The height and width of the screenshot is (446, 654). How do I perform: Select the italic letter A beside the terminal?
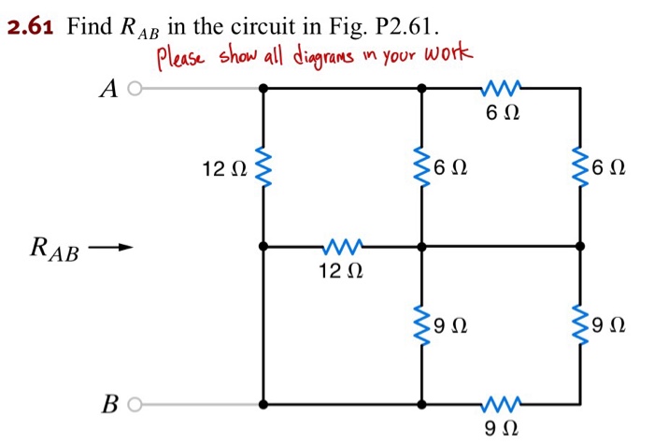coord(109,89)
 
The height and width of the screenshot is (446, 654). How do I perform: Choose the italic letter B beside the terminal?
coord(109,406)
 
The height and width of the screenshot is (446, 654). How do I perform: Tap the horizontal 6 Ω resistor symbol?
coord(502,89)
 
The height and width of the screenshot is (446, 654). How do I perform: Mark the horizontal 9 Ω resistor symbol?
coord(502,405)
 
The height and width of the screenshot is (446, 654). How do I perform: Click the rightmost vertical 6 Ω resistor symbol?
coord(580,168)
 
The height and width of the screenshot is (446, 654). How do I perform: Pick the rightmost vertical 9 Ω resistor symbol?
coord(580,326)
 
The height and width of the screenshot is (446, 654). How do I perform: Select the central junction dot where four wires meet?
coord(421,247)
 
